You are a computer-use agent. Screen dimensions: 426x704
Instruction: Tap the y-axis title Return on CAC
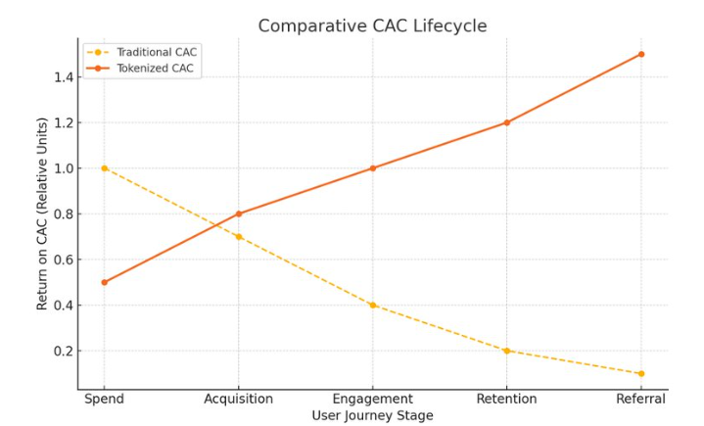click(43, 213)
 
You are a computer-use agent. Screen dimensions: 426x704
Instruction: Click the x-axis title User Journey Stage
click(372, 415)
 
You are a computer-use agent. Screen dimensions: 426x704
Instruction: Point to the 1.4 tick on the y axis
click(62, 77)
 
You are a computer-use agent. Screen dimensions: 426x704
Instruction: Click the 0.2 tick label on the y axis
click(62, 351)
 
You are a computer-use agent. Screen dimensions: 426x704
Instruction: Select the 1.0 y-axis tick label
click(62, 168)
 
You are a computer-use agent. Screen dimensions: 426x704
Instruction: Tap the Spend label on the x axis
click(104, 399)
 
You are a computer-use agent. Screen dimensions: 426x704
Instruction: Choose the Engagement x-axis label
click(372, 399)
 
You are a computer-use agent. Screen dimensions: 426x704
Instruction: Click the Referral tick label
click(640, 399)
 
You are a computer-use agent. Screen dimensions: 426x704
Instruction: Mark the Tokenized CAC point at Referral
click(641, 54)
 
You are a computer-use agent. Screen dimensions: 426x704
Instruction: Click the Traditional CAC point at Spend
click(105, 168)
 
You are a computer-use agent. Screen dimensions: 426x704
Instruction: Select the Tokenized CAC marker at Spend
click(105, 282)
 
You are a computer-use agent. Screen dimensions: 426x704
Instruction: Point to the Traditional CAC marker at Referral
click(641, 373)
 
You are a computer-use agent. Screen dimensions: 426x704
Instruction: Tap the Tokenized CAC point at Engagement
click(372, 168)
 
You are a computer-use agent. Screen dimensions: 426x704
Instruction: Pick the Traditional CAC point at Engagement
click(372, 305)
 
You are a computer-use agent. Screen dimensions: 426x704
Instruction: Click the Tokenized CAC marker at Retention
click(506, 122)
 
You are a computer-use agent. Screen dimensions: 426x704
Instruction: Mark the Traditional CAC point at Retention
click(506, 351)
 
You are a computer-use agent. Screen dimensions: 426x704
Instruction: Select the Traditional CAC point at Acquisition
click(238, 236)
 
